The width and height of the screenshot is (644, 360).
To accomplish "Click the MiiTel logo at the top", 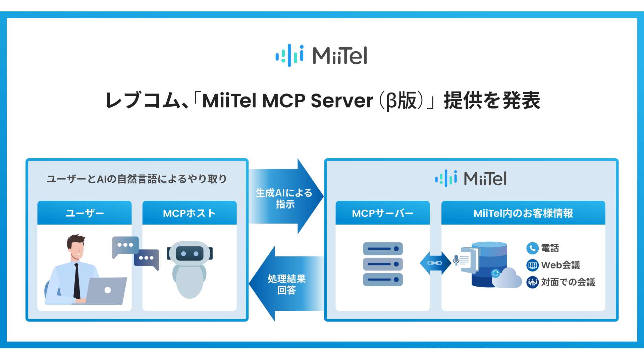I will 321,55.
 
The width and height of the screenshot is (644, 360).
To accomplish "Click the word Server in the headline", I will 342,101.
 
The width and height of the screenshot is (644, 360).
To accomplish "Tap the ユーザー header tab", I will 85,213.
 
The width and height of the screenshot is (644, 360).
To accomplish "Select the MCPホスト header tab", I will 189,213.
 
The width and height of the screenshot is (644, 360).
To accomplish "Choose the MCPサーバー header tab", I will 382,213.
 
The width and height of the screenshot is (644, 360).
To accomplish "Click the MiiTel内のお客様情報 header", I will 523,213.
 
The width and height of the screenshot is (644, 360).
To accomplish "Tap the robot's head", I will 190,253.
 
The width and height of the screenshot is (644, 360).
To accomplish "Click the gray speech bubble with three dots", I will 125,245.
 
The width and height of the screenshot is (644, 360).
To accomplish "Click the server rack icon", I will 383,264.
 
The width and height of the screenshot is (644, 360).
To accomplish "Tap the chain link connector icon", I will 435,263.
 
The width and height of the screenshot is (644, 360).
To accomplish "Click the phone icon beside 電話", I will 532,248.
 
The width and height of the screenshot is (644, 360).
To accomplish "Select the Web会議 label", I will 560,265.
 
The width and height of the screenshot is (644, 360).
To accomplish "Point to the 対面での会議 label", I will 568,282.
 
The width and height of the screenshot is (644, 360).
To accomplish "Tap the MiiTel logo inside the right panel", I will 471,178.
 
